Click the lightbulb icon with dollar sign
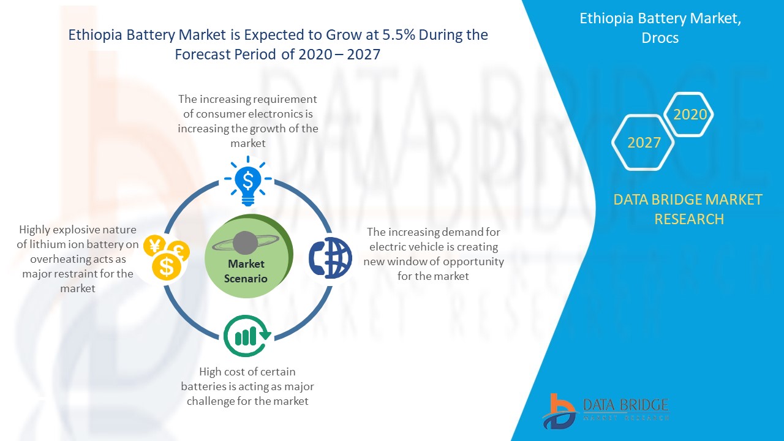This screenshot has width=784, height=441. click(x=248, y=180)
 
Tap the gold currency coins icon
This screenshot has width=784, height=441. click(x=166, y=257)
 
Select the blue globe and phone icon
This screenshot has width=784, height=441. click(x=330, y=258)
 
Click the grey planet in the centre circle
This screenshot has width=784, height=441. click(x=245, y=243)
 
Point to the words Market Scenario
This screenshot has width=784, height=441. click(x=246, y=271)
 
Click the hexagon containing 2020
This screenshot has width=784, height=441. click(x=690, y=115)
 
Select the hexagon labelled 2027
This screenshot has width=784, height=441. click(x=644, y=143)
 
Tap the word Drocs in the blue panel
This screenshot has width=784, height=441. click(x=660, y=38)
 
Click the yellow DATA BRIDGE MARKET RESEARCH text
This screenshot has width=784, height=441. click(x=688, y=209)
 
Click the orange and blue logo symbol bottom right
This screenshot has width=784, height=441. click(x=559, y=410)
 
